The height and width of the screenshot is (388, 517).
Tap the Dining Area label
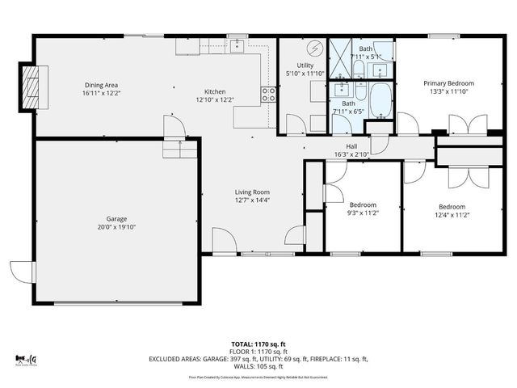pos(101,84)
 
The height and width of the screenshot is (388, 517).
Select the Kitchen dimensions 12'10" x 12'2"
pos(215,100)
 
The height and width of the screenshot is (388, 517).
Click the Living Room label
pos(251,192)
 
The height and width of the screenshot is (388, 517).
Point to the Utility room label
pos(305,65)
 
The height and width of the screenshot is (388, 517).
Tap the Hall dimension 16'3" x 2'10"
pos(351,154)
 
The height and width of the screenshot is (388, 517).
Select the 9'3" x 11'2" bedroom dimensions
pos(362,213)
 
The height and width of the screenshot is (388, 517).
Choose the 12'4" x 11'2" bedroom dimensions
pos(452,214)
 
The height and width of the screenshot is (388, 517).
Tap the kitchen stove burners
pos(268,95)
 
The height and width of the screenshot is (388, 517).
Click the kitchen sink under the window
pos(237,45)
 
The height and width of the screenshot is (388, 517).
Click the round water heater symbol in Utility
pos(315,46)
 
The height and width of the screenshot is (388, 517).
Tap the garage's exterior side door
pos(22,272)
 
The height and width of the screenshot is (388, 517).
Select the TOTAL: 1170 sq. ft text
pos(258,343)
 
